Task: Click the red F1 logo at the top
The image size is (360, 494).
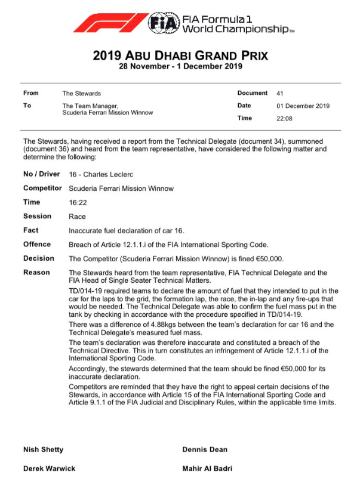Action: tap(110, 23)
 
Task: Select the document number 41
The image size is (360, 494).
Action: tap(280, 94)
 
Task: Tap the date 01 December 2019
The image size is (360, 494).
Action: tap(303, 106)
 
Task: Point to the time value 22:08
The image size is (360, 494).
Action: tap(284, 118)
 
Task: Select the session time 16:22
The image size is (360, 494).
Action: tap(77, 203)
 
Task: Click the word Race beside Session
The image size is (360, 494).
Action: tap(77, 217)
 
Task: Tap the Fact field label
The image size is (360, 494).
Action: tap(31, 230)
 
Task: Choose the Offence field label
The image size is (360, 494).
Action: tap(36, 245)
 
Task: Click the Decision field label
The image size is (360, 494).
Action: tap(39, 259)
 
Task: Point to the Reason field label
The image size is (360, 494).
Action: tap(36, 273)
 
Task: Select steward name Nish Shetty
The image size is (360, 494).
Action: tap(43, 449)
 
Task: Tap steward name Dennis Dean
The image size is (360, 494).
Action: tap(205, 449)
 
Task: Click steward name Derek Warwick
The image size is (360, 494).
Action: tap(49, 468)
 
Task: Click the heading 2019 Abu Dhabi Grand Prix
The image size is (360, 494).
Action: tap(180, 56)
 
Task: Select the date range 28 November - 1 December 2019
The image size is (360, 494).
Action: tap(180, 67)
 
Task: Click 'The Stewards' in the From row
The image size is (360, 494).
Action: tap(82, 94)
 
